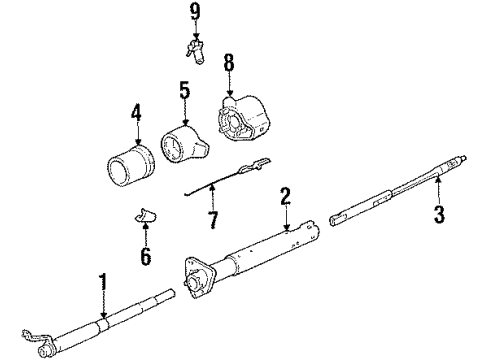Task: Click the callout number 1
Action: [x=101, y=282]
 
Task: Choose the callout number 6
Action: [x=145, y=258]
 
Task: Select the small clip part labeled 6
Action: [x=146, y=218]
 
